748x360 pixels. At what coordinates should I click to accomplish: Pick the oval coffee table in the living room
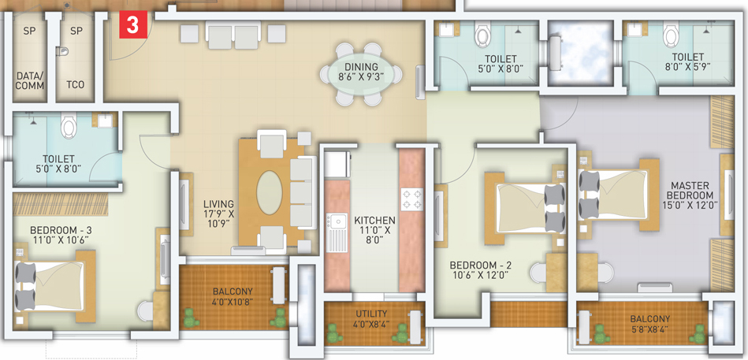coord(269,193)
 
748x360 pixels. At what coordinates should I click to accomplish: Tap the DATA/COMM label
coord(30,80)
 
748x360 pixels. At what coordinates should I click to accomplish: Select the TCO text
coord(76,85)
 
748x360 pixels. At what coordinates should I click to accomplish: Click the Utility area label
coord(371,314)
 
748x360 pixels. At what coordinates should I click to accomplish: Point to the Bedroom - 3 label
coord(60,231)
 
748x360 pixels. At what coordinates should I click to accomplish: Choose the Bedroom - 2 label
coord(481,265)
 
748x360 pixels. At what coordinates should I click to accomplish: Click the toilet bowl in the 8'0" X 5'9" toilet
coord(672,35)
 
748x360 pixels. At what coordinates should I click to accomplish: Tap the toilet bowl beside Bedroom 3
coord(69,125)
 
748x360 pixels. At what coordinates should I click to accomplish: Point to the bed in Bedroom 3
coord(55,286)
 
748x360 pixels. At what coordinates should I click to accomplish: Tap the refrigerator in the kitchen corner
coord(337,165)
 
